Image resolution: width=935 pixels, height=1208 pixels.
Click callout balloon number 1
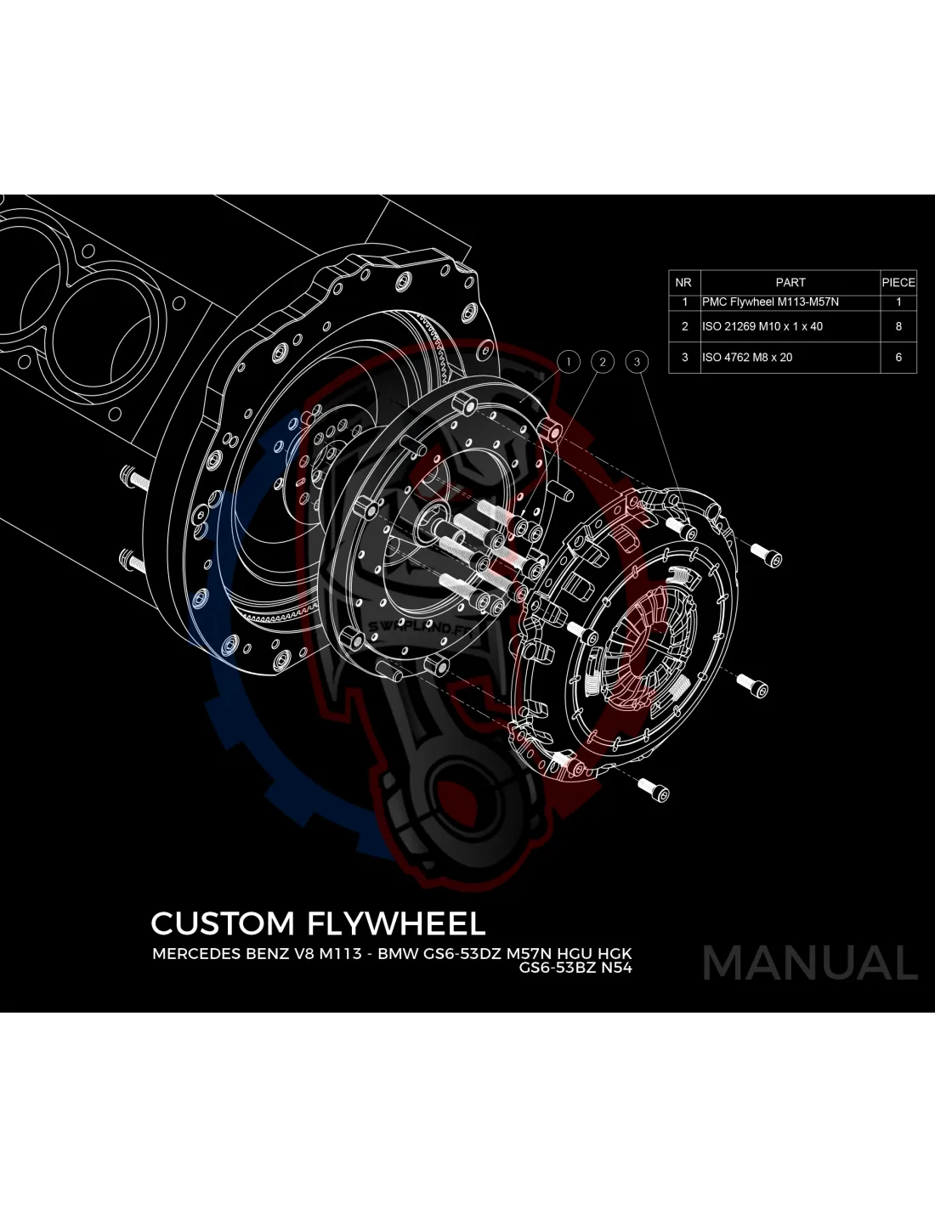coord(569,362)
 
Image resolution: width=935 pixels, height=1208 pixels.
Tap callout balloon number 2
coord(603,362)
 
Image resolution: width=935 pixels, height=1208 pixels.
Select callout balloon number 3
coord(637,362)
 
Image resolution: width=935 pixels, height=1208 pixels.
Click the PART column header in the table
coord(790,282)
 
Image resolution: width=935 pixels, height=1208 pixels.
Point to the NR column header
coord(683,282)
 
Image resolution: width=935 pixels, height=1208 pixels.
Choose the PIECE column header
coord(898,282)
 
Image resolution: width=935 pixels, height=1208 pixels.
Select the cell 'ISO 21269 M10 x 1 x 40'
coord(762,326)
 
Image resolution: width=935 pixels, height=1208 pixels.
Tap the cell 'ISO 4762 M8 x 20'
coord(747,358)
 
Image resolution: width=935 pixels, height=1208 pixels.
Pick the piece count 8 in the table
coord(898,326)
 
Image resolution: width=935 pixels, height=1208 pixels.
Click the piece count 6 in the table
coord(898,358)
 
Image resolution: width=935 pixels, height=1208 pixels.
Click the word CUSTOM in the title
coord(223,923)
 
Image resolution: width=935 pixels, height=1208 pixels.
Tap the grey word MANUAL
coord(810,963)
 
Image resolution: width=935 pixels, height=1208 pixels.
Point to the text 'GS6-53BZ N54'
coord(575,968)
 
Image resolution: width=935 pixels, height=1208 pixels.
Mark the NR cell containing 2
coord(685,326)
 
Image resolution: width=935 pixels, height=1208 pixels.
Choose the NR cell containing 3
coord(685,358)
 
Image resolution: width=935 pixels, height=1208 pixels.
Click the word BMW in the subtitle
coord(397,953)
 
